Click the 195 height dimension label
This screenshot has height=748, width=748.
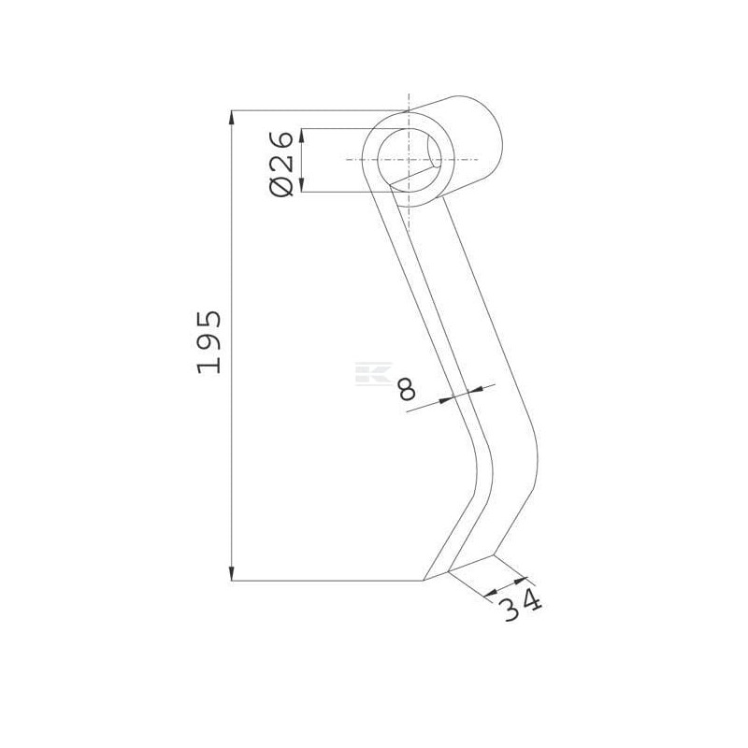[x=209, y=342]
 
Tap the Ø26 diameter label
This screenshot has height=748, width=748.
[x=281, y=163]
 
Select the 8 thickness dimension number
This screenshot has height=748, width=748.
[x=407, y=389]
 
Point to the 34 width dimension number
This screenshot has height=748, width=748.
[x=520, y=604]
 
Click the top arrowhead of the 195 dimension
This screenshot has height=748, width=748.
[x=232, y=118]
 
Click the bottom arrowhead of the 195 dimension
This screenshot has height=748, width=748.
[x=232, y=574]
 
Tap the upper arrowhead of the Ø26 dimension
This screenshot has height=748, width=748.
[x=301, y=136]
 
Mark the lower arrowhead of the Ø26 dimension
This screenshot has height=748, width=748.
[x=301, y=185]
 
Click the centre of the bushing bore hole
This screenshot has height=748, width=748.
[x=409, y=160]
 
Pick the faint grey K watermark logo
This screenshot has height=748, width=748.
[x=373, y=373]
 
